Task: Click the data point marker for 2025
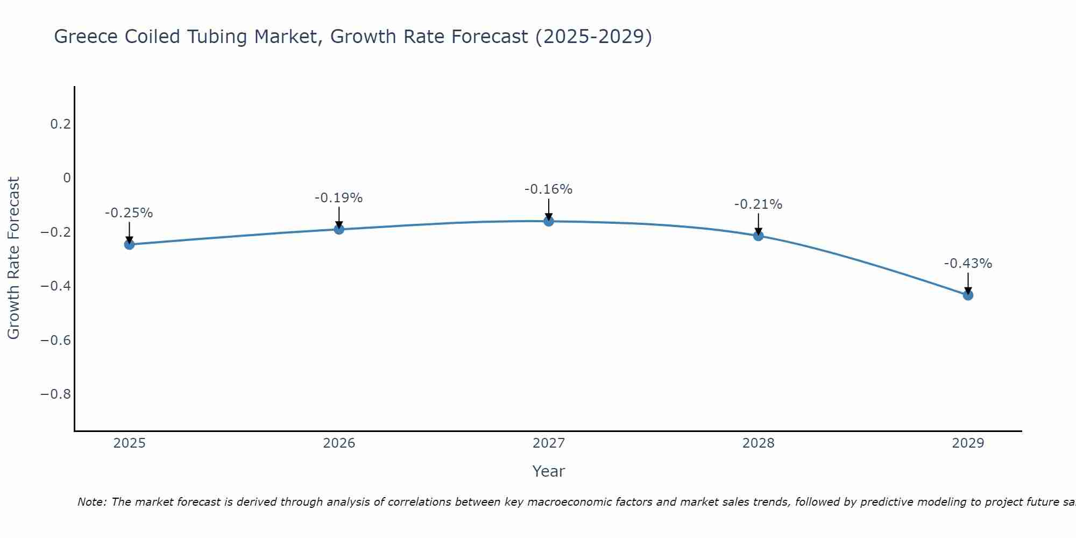pyautogui.click(x=129, y=244)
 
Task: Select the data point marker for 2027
pyautogui.click(x=548, y=221)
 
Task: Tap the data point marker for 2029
pyautogui.click(x=967, y=295)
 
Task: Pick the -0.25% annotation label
pyautogui.click(x=129, y=213)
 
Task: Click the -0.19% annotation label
pyautogui.click(x=338, y=198)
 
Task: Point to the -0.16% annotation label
pyautogui.click(x=548, y=189)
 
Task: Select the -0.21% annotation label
pyautogui.click(x=758, y=204)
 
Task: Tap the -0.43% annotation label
pyautogui.click(x=967, y=264)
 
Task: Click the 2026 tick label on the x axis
pyautogui.click(x=339, y=443)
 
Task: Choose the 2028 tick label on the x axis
pyautogui.click(x=758, y=443)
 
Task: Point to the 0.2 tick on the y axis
pyautogui.click(x=60, y=124)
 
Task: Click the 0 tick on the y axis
pyautogui.click(x=67, y=178)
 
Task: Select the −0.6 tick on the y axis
pyautogui.click(x=55, y=340)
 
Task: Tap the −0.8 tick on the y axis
pyautogui.click(x=55, y=394)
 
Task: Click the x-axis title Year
pyautogui.click(x=548, y=471)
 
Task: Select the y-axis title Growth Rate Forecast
pyautogui.click(x=13, y=258)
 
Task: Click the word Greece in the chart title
pyautogui.click(x=86, y=37)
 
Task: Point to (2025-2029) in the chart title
pyautogui.click(x=593, y=37)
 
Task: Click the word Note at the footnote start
pyautogui.click(x=92, y=502)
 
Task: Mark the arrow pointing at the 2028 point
pyautogui.click(x=758, y=224)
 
